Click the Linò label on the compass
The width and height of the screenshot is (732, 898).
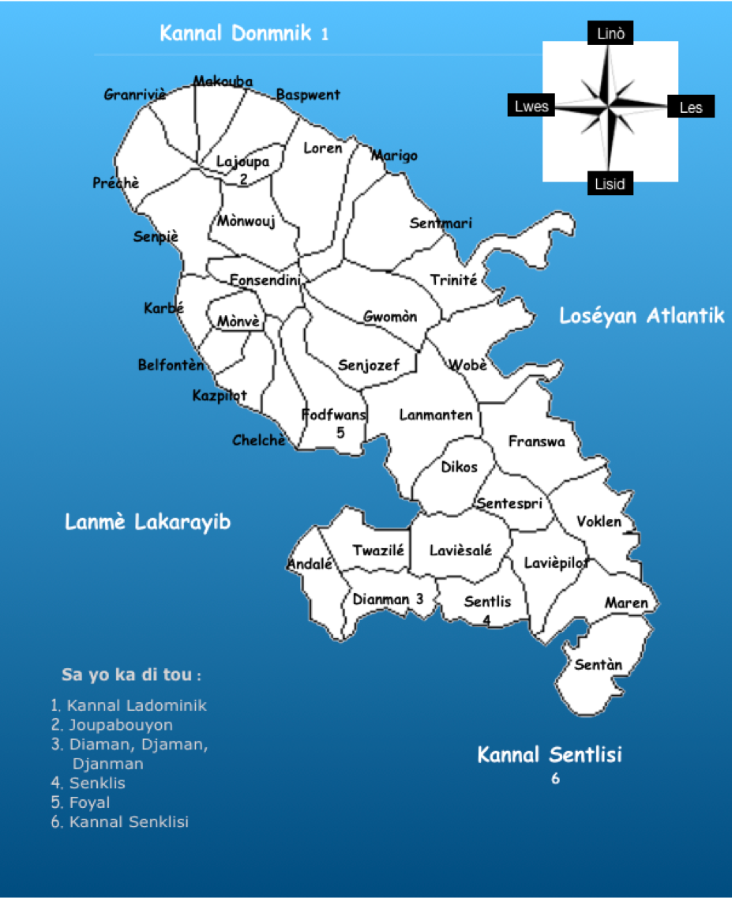610,33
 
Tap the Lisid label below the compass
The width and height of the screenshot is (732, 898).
610,184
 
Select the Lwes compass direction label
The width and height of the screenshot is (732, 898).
531,107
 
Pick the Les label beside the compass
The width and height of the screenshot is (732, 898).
690,107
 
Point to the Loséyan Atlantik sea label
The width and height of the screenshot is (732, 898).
641,317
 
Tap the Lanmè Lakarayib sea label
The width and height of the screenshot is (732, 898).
148,522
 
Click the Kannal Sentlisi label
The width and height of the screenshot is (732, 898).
550,755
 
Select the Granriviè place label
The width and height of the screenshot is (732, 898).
135,96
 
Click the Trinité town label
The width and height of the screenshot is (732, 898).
453,280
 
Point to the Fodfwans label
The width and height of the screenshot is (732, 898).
334,415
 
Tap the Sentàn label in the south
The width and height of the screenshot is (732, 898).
598,665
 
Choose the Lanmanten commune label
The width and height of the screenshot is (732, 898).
436,415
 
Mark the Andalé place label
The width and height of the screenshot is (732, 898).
309,564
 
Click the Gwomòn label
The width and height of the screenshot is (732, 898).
390,317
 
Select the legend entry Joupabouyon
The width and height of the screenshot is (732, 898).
121,725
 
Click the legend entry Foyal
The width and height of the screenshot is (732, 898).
89,802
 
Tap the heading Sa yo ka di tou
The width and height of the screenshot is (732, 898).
131,676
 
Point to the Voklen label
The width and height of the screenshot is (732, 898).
599,522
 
